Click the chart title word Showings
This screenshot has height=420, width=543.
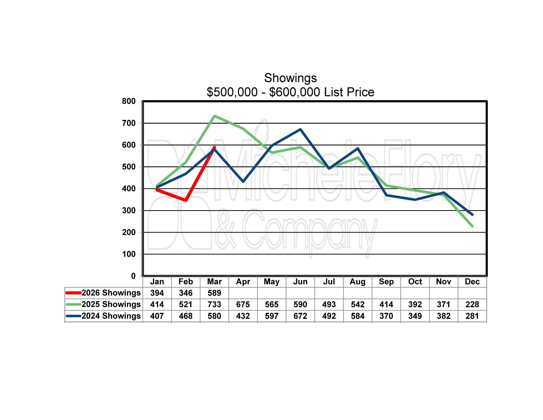(290, 78)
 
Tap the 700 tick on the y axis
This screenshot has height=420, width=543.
(129, 123)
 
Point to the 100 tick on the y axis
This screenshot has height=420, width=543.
(129, 254)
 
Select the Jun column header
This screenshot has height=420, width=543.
(300, 282)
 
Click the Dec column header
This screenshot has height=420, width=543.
(472, 282)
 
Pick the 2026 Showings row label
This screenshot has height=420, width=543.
(111, 293)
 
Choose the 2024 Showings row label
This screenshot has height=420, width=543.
(111, 316)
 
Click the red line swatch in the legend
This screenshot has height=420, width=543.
(73, 293)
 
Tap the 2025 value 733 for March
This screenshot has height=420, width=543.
(214, 304)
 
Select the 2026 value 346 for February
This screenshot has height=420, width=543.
(186, 293)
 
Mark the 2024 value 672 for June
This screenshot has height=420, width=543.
(300, 316)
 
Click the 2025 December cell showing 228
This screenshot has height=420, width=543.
(472, 304)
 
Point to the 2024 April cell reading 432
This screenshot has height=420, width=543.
(243, 316)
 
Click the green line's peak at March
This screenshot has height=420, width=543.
(214, 116)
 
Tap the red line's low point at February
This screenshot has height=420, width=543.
(186, 200)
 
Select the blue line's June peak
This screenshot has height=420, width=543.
(300, 129)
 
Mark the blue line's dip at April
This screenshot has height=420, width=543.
(243, 181)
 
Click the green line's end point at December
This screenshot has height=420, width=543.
(472, 226)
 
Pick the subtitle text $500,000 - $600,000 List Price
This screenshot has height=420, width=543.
(290, 92)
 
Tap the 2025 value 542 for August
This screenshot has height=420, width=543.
(358, 304)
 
